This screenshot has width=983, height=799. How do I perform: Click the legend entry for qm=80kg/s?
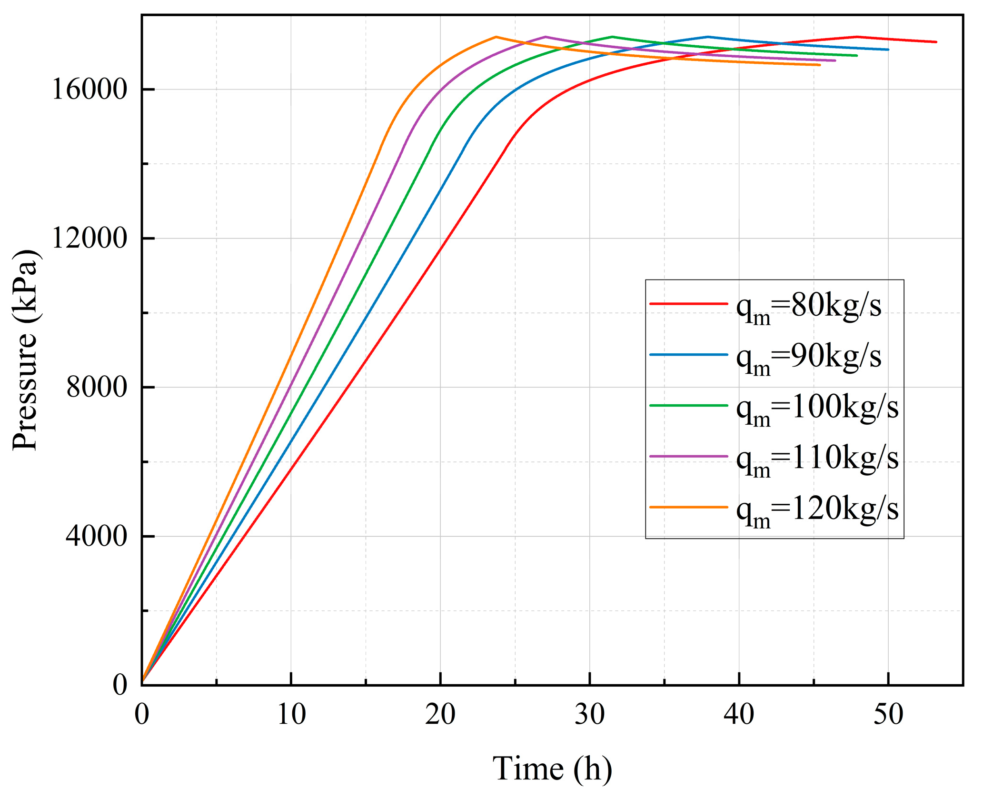coord(808,307)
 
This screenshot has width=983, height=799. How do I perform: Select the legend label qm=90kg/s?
coord(808,358)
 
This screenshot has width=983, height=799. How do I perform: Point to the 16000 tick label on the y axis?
coord(89,90)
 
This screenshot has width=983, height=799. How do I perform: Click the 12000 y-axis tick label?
coord(89,238)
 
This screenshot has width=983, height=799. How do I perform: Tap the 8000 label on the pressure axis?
coord(97,387)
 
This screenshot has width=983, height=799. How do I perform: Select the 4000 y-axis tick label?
coord(97,536)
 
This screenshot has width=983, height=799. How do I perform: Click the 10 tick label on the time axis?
coord(291,715)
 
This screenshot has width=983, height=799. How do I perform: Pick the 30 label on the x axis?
coord(590,715)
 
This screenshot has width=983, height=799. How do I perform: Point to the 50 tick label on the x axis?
coord(888,715)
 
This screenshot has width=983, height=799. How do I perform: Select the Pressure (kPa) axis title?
coord(25,350)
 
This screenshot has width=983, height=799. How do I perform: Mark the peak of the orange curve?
coord(496,37)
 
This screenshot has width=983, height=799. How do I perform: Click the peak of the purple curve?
coord(546,37)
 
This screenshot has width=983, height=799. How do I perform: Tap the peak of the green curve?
coord(612,37)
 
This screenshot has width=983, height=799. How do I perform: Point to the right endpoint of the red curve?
coord(936,42)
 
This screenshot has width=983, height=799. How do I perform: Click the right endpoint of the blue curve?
coord(888,50)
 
